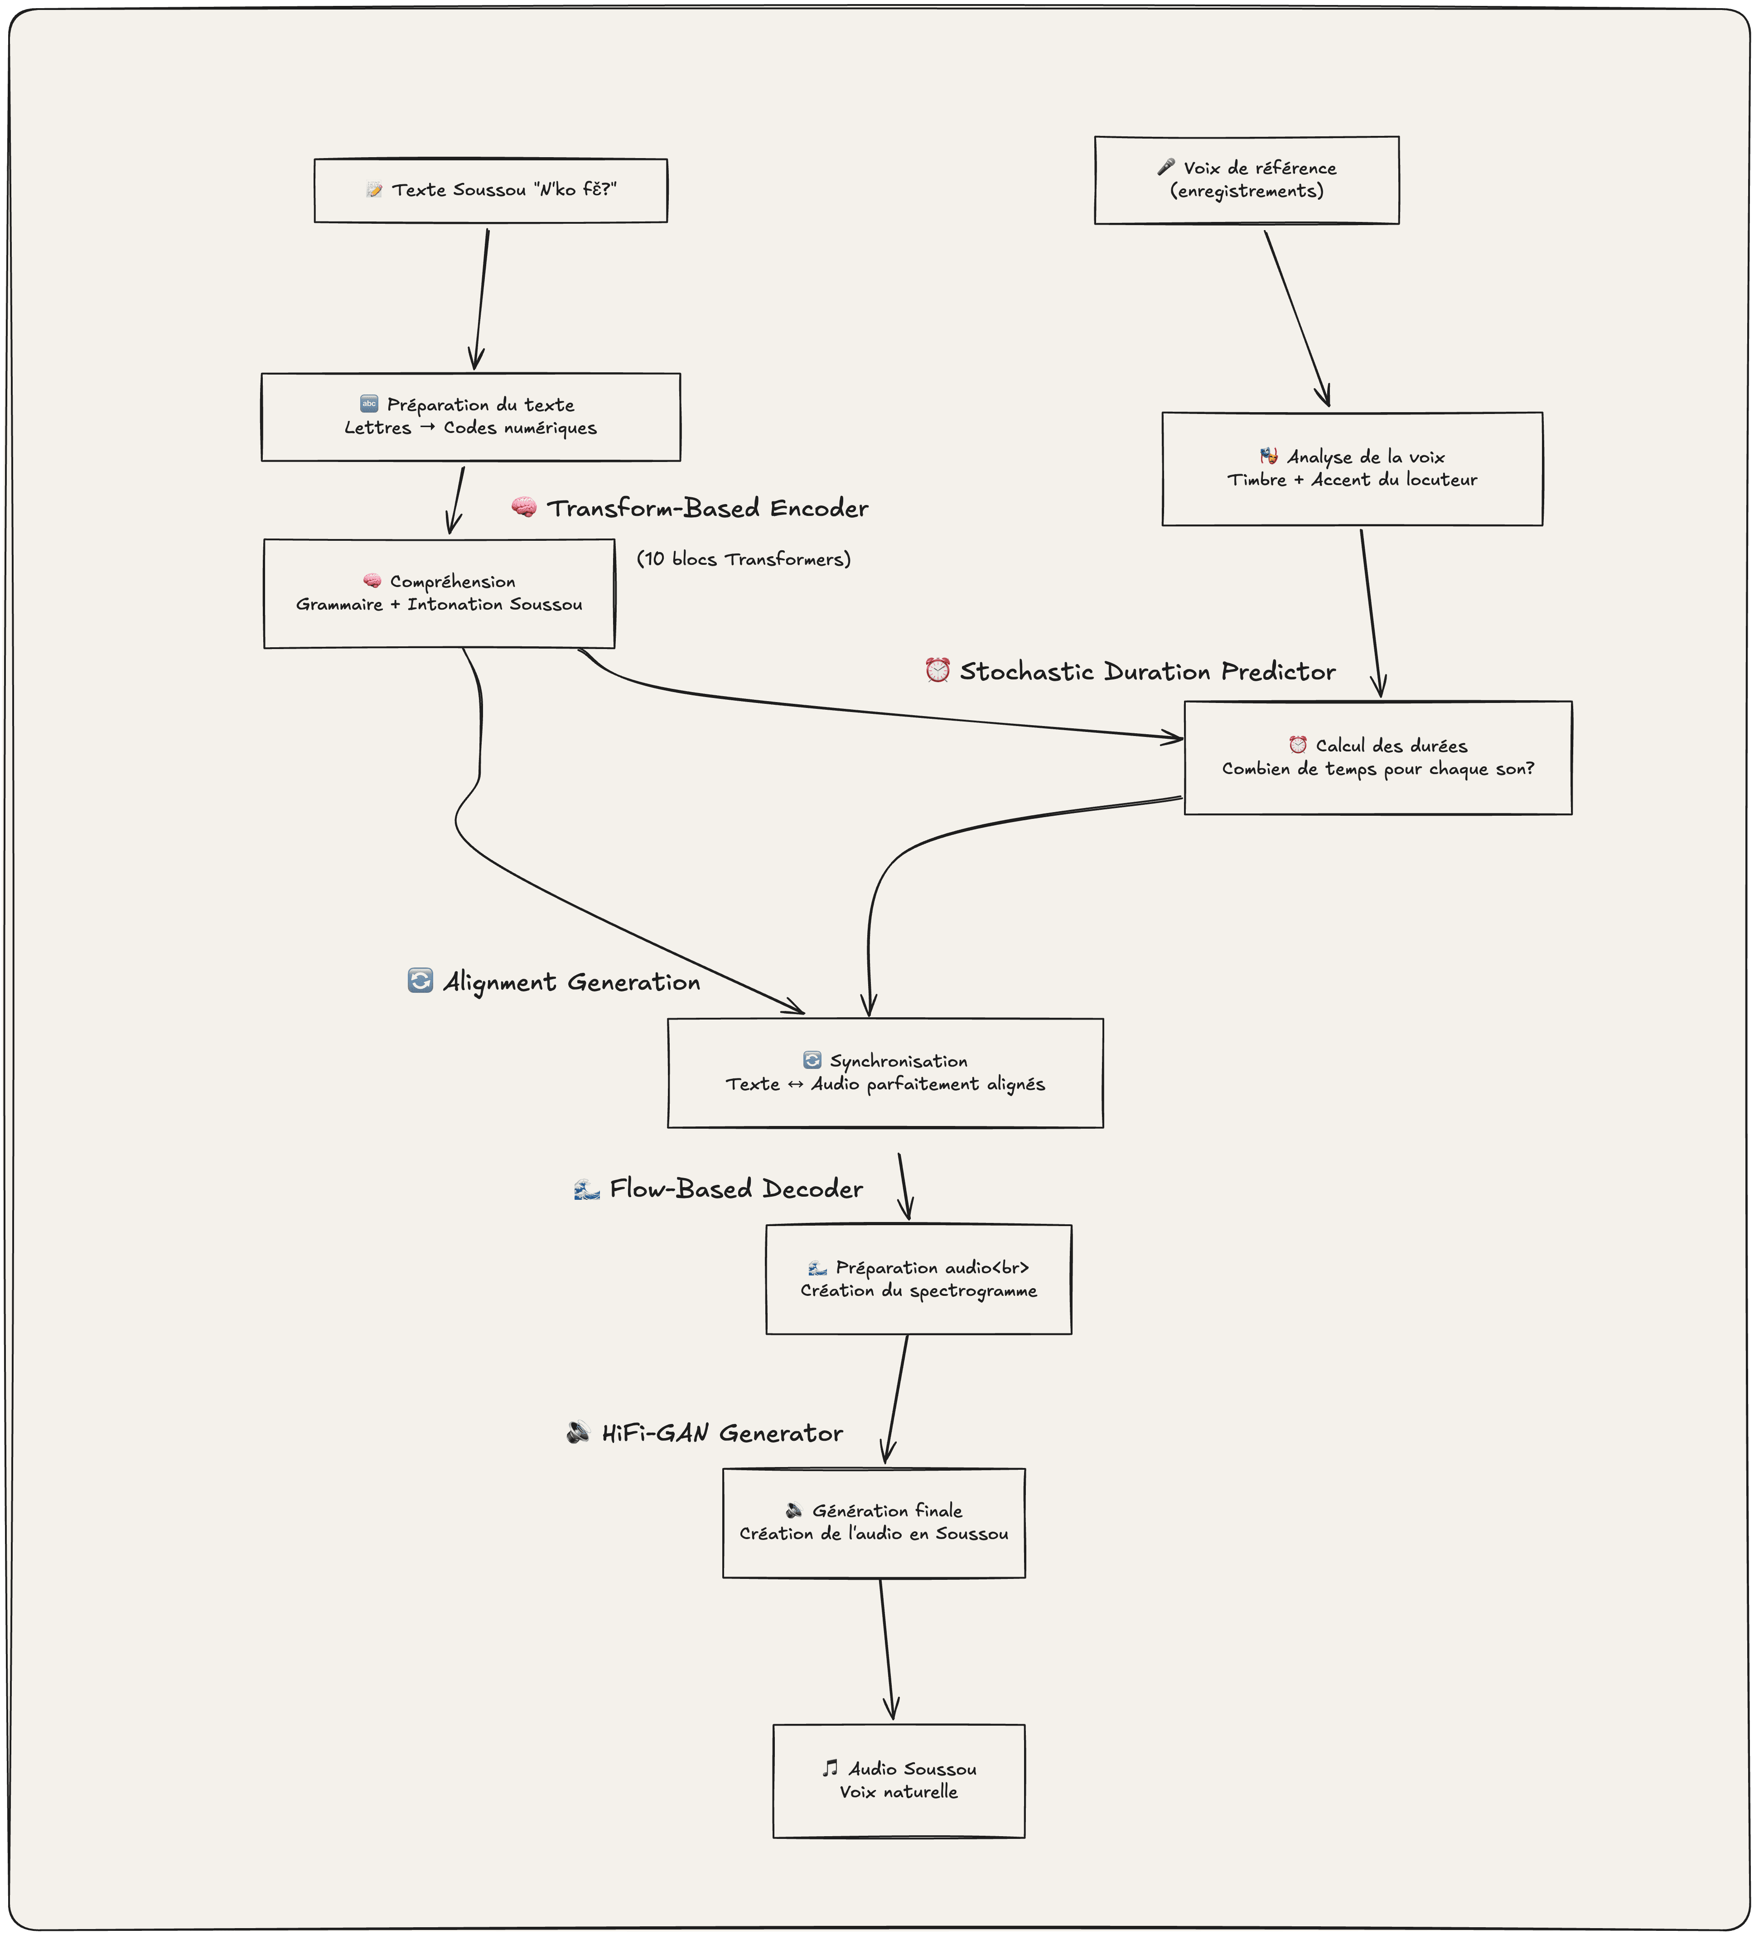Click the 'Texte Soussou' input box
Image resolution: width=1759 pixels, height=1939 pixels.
pos(491,190)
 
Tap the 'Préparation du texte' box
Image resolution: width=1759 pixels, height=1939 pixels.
pos(470,416)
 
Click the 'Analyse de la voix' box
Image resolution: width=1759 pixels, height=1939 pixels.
pos(1352,468)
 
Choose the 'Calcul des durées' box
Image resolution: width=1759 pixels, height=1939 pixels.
pos(1378,757)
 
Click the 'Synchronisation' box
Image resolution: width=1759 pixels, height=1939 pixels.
pos(885,1073)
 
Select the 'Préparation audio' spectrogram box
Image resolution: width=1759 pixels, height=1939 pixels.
pos(918,1279)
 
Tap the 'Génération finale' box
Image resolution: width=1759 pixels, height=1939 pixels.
pos(874,1523)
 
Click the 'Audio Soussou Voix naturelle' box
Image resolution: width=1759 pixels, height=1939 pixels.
pos(899,1780)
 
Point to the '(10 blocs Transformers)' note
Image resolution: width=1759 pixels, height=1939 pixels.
pos(744,559)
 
